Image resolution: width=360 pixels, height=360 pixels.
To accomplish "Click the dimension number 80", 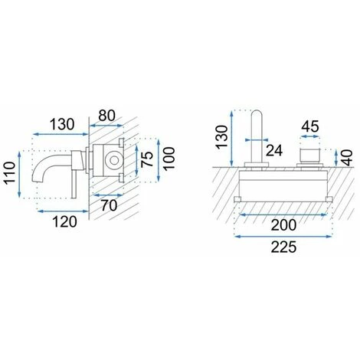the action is (107, 116).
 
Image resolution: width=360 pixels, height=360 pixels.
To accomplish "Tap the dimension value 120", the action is (64, 221).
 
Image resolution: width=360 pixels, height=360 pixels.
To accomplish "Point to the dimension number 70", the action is (109, 205).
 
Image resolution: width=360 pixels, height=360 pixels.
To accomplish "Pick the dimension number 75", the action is (147, 159).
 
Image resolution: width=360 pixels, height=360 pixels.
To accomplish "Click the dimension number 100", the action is (169, 159).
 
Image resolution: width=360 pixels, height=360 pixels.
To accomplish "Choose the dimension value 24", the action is (274, 150).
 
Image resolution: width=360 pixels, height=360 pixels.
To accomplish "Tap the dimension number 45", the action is (310, 126).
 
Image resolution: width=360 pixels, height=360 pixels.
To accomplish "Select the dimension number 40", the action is (347, 158).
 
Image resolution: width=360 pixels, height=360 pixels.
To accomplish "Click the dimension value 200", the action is (283, 225).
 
